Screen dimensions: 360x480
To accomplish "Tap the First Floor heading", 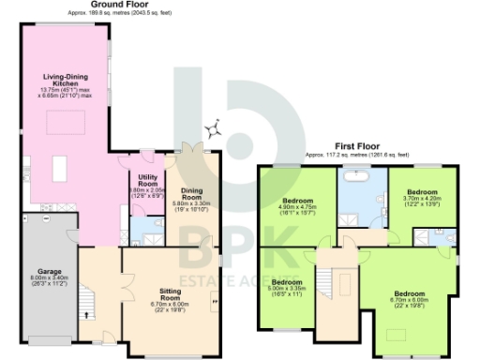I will point(357,146).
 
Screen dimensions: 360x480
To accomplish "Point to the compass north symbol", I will point(215,128).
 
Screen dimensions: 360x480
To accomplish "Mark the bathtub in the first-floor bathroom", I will point(355,175).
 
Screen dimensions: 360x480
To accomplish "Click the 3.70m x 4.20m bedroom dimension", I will point(420,199).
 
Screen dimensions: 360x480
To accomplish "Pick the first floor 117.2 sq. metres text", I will point(357,154).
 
